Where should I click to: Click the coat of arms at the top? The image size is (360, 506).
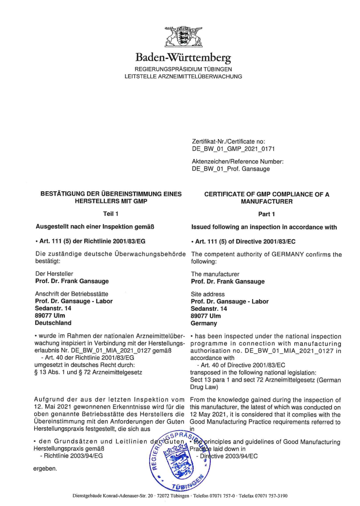click(x=183, y=38)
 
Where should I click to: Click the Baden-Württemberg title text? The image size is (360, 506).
click(x=183, y=59)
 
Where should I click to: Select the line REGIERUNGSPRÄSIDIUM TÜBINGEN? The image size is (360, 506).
click(x=183, y=69)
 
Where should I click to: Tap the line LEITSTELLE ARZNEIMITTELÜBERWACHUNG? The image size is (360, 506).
click(x=183, y=76)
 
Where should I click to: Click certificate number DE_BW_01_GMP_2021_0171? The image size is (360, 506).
click(x=233, y=149)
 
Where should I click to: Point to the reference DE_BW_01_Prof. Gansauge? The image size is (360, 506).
click(x=231, y=169)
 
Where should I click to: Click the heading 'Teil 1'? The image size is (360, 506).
click(x=110, y=214)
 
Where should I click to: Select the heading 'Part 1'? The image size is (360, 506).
click(x=266, y=214)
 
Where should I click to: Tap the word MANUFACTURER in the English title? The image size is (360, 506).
click(x=266, y=201)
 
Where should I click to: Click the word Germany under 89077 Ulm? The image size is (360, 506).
click(x=204, y=323)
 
